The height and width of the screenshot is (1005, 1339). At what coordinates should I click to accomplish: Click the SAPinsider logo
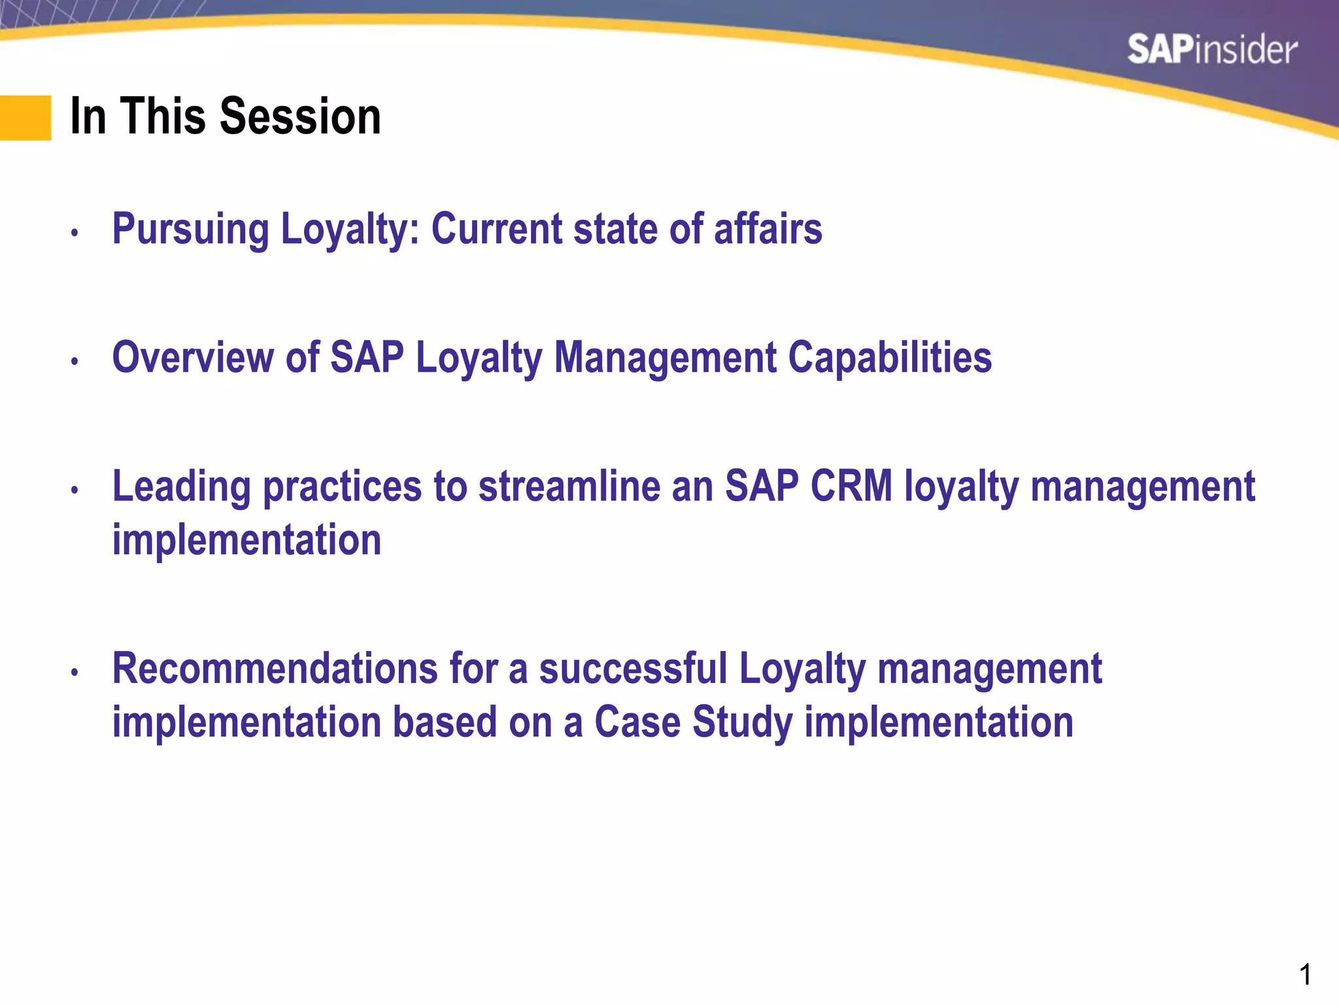click(x=1212, y=50)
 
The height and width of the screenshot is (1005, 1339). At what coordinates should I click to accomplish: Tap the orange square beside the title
click(x=25, y=118)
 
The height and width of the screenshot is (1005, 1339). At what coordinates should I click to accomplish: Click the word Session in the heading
click(x=300, y=116)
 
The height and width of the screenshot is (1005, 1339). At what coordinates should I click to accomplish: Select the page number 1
click(x=1305, y=975)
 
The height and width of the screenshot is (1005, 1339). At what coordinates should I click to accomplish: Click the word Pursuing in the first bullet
click(x=190, y=230)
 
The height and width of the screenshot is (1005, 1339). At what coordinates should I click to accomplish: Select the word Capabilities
click(x=890, y=359)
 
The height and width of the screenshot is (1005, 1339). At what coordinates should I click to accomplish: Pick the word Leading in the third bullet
click(x=181, y=488)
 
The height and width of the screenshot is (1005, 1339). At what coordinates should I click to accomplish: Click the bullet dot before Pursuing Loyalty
click(x=75, y=232)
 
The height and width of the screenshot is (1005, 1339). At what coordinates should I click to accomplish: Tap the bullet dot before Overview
click(x=75, y=361)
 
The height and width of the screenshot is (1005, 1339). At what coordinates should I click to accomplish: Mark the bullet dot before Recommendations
click(x=75, y=672)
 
